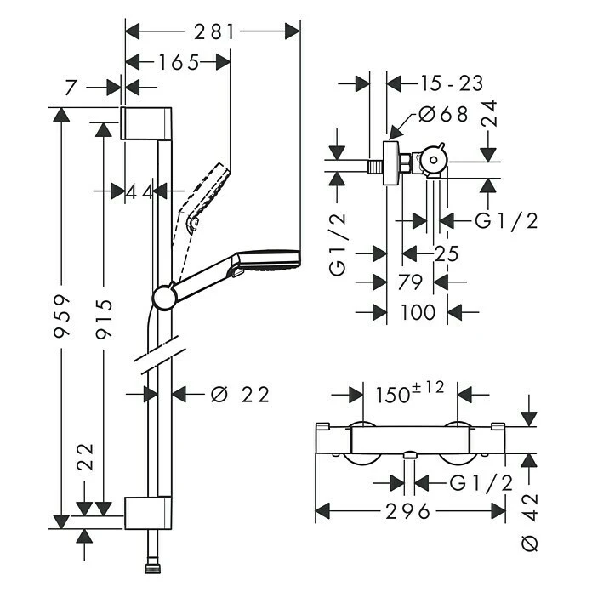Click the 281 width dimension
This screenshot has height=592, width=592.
(213, 31)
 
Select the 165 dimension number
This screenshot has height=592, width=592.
(178, 62)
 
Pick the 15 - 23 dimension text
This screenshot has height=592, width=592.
(452, 83)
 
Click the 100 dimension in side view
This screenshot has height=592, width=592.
(417, 312)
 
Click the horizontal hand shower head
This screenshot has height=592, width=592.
(267, 261)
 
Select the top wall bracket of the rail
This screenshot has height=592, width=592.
(147, 124)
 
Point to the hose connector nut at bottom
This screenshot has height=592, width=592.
(155, 564)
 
